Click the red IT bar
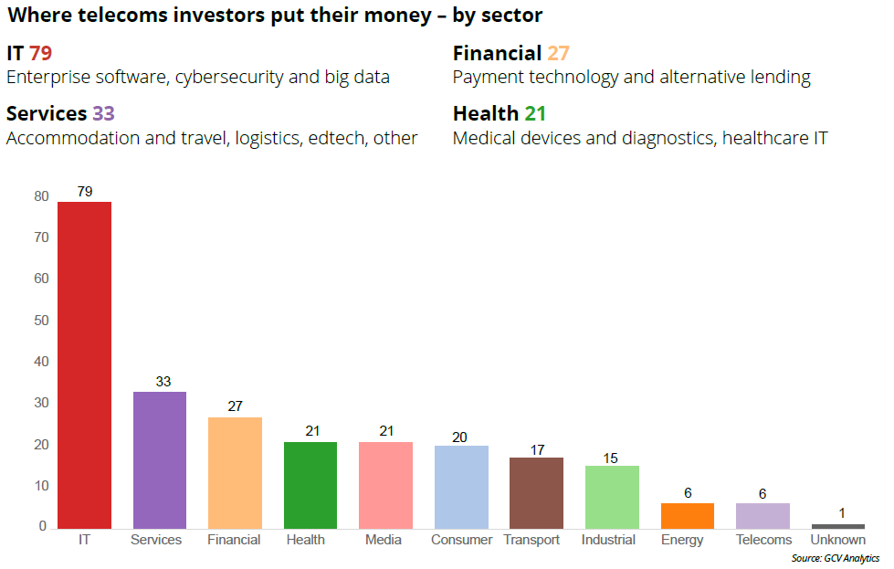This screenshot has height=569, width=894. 84,364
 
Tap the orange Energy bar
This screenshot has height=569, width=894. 688,515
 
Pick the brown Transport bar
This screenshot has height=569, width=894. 536,492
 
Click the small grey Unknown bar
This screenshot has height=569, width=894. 837,526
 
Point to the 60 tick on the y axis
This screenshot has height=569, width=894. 41,279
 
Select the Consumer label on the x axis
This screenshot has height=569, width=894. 462,540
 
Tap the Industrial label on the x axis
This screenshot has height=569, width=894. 608,540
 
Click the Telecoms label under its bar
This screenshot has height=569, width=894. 763,540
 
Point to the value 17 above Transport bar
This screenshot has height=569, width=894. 536,449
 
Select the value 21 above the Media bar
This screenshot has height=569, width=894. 386,431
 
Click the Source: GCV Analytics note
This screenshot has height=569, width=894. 836,557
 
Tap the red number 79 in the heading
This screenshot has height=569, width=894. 41,53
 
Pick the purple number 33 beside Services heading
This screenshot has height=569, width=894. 103,114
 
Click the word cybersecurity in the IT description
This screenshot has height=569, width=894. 227,77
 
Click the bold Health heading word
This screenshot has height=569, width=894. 485,114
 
